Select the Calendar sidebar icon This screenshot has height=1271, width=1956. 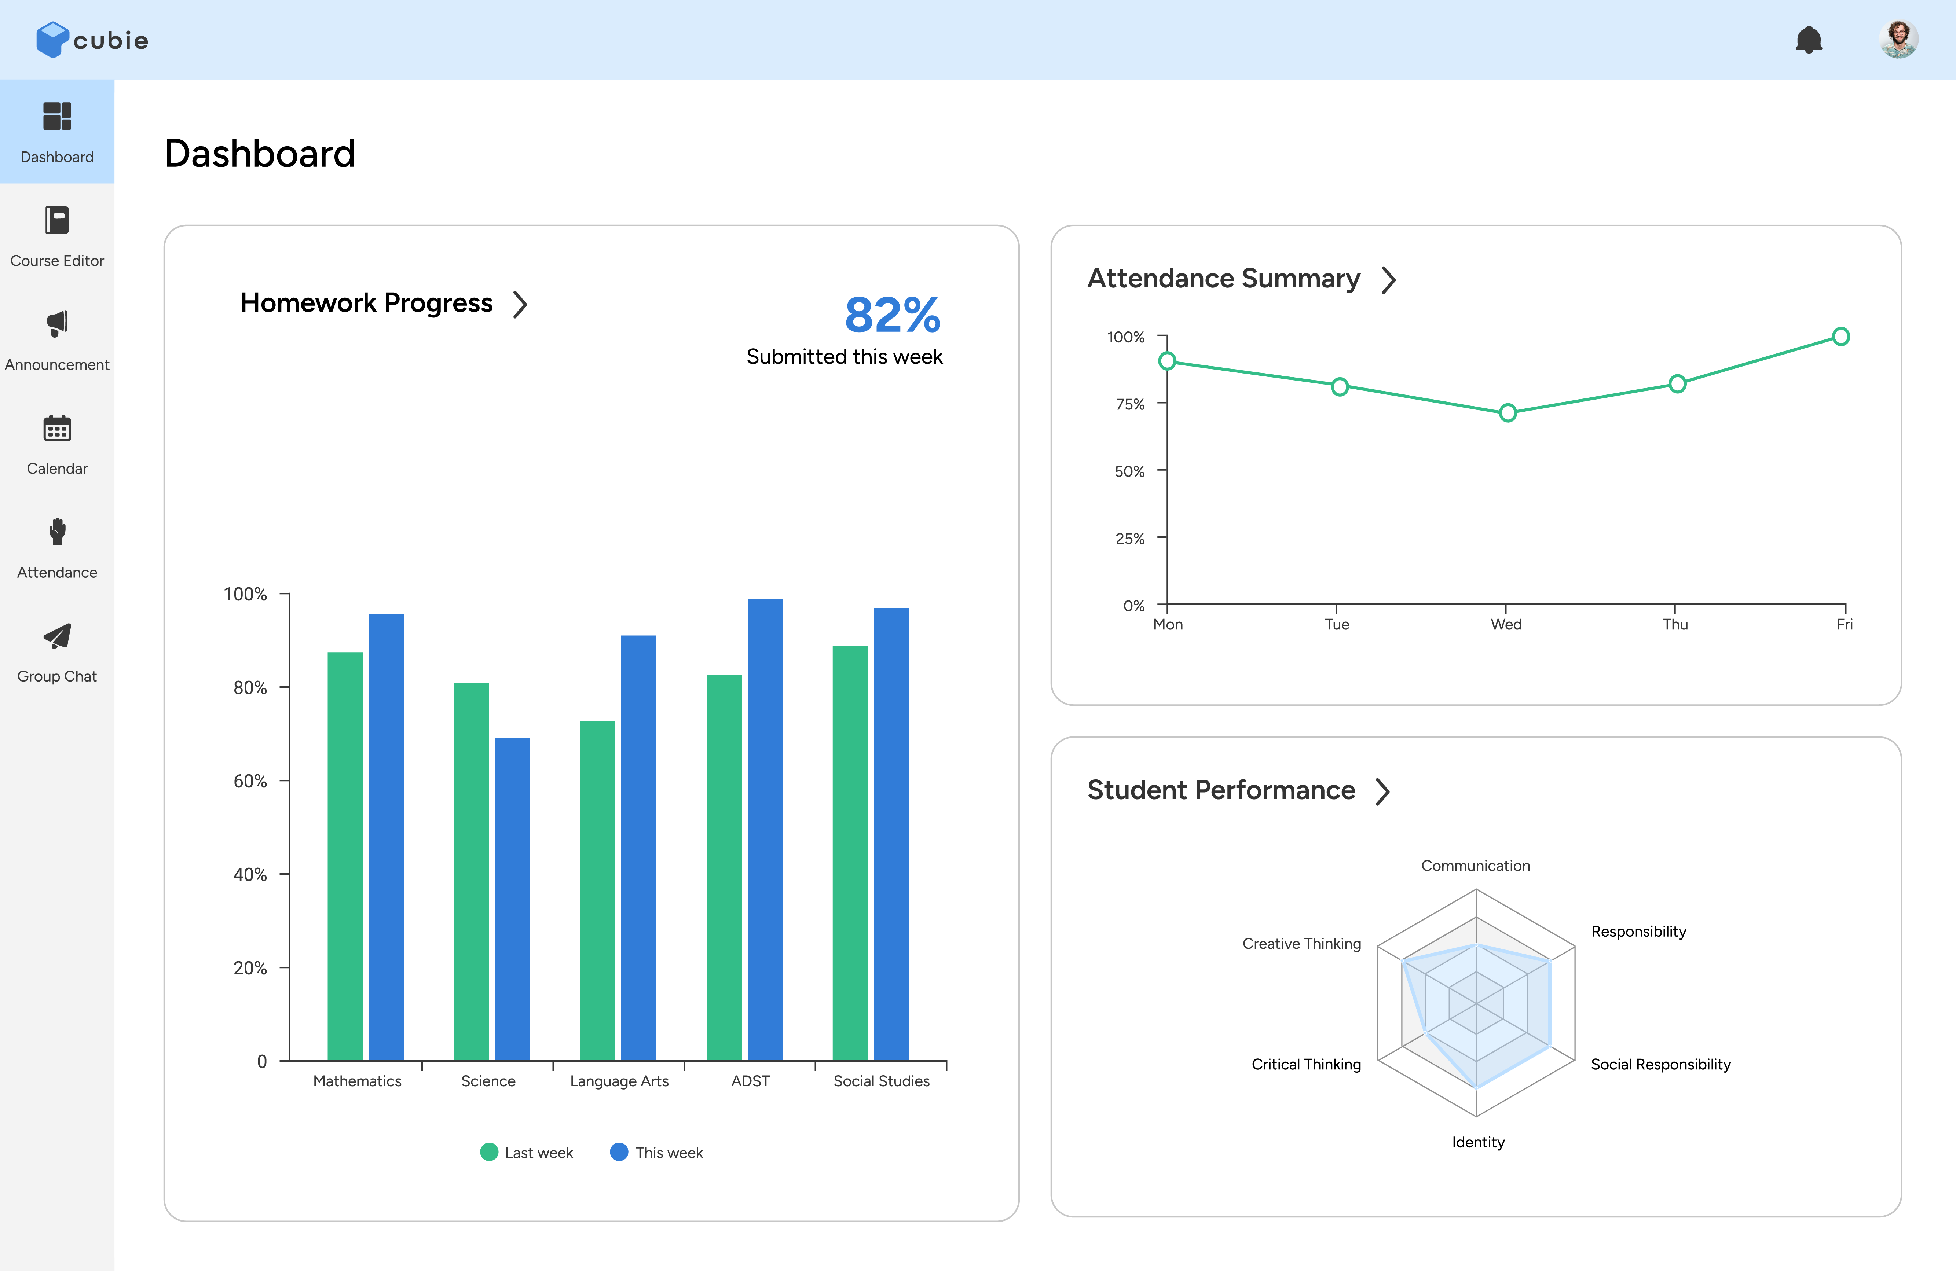click(57, 429)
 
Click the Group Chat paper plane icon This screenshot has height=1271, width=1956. click(57, 636)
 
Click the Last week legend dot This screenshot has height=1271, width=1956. click(489, 1152)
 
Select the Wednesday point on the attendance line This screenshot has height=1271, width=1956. click(1507, 412)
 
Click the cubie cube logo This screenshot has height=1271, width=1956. click(52, 40)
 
